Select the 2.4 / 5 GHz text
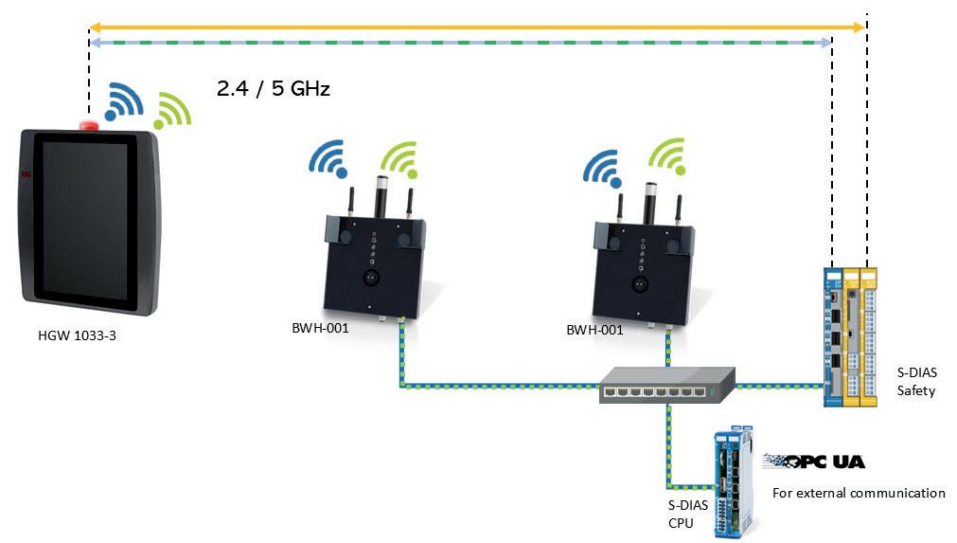click(274, 89)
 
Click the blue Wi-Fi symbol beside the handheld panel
click(122, 100)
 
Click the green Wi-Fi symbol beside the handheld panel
click(173, 110)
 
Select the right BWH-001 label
click(594, 330)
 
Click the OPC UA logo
click(814, 462)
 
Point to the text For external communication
click(859, 493)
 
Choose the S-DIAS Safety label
click(915, 382)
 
